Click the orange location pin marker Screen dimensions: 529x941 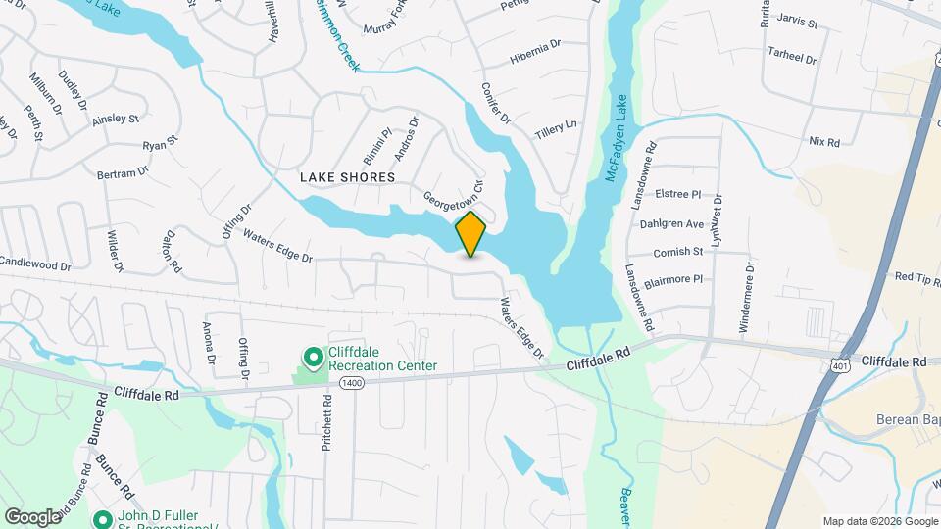471,233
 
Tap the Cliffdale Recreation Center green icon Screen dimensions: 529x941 313,358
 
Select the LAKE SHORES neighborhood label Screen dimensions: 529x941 347,177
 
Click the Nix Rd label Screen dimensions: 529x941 824,142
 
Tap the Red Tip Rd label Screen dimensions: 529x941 917,277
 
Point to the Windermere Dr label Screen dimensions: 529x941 747,298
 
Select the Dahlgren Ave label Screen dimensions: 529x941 671,223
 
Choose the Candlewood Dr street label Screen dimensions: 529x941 35,264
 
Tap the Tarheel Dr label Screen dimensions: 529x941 792,58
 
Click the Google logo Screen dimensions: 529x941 32,516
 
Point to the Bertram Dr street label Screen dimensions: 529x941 122,172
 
